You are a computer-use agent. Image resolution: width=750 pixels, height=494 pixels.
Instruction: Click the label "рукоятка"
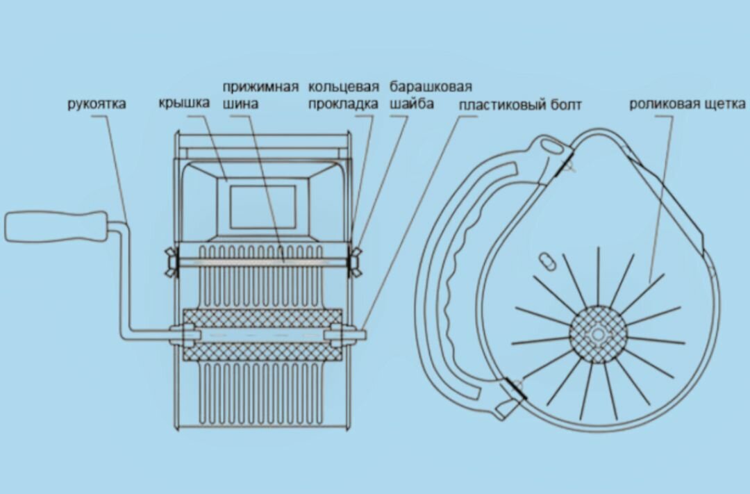97,104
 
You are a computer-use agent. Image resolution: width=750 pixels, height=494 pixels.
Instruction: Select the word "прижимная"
260,87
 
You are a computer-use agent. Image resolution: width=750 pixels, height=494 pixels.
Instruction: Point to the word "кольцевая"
344,87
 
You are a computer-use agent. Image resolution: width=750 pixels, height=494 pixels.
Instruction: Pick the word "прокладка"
344,104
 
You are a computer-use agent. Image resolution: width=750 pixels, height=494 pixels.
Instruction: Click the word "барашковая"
431,87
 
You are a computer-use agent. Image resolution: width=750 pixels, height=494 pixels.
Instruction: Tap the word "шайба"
412,104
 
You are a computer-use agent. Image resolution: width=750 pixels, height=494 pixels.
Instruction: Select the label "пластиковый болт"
520,104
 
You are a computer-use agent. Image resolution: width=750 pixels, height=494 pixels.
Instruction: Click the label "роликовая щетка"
687,104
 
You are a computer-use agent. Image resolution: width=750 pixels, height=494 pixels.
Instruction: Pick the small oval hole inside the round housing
546,260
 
